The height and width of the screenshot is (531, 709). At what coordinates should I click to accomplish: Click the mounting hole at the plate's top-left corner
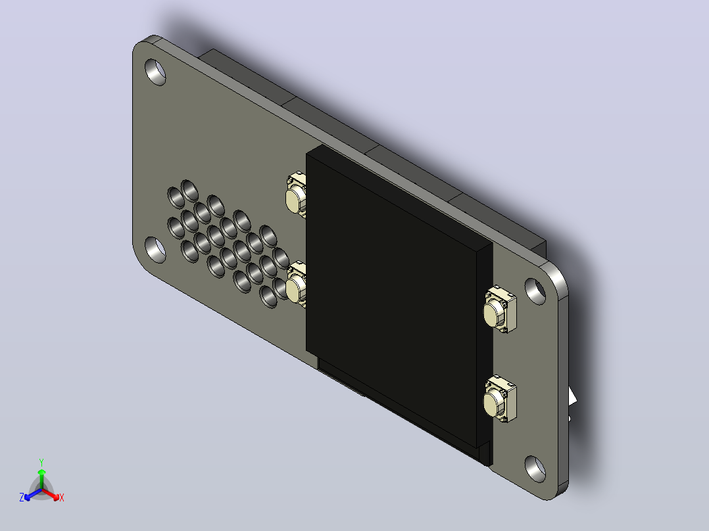(155, 72)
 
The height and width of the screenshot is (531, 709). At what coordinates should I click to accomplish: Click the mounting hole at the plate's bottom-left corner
(155, 250)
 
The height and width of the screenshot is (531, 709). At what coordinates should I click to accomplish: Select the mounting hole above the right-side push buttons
(535, 292)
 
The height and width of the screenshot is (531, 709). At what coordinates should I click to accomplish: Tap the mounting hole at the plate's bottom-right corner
(535, 469)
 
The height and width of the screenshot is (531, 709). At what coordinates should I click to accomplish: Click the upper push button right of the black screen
(500, 309)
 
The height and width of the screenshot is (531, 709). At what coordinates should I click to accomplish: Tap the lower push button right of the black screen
(500, 399)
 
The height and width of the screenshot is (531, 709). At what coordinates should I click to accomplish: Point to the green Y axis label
(41, 463)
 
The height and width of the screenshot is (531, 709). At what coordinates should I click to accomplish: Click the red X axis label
(62, 497)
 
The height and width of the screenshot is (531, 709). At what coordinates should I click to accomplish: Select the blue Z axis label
(22, 497)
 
